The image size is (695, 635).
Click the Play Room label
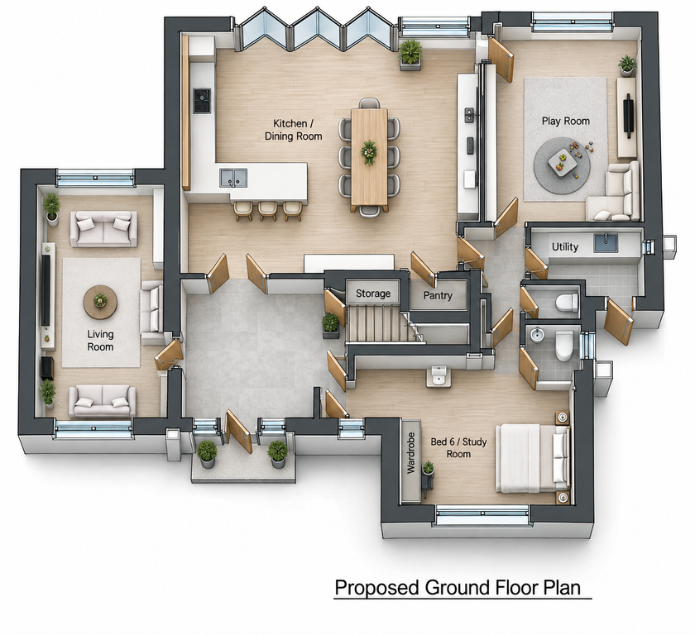(x=566, y=121)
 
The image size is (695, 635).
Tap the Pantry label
(x=438, y=295)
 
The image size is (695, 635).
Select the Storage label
(x=373, y=294)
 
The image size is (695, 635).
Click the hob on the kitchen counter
(x=202, y=101)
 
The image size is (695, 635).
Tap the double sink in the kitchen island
(x=233, y=178)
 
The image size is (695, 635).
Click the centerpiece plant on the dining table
(x=369, y=152)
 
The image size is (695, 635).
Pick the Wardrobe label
(x=411, y=453)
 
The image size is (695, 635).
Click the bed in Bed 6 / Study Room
(x=532, y=458)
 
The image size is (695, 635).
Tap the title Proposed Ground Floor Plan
(x=458, y=588)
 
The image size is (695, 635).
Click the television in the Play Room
(x=628, y=114)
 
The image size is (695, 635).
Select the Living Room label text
(x=100, y=341)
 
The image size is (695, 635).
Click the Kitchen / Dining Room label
(x=294, y=130)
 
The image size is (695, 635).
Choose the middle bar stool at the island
(x=268, y=210)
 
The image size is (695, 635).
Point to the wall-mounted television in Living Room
(x=46, y=290)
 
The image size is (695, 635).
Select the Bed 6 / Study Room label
(x=458, y=447)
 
